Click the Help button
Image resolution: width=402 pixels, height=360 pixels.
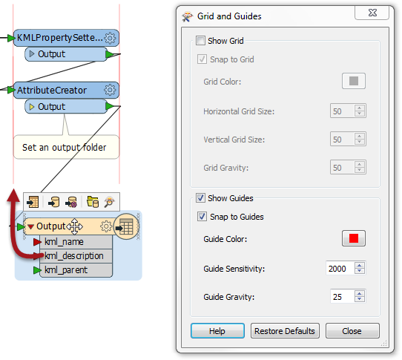[x=217, y=331]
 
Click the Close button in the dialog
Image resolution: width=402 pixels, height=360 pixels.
[x=352, y=331]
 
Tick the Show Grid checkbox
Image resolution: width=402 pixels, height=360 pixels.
[x=200, y=41]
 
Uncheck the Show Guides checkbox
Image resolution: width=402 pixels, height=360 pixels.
[x=200, y=198]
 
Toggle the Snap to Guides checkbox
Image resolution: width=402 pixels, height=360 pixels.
[x=202, y=217]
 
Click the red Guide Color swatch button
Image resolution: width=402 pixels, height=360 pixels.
[x=354, y=238]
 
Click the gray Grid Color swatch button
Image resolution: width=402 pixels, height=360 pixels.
[x=354, y=81]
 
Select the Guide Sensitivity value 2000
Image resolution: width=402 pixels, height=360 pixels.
[x=337, y=269]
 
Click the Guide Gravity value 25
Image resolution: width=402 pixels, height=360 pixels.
[x=337, y=297]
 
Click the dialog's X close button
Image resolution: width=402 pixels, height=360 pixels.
[x=372, y=13]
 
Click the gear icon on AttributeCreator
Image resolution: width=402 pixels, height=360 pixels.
[x=110, y=90]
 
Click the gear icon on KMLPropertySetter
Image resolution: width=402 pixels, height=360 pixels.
[x=110, y=38]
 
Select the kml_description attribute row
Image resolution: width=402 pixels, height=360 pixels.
[x=76, y=256]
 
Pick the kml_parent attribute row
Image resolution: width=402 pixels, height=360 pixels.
[x=76, y=270]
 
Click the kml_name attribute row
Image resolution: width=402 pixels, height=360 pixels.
[x=76, y=242]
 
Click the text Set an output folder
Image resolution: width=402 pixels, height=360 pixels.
[x=64, y=148]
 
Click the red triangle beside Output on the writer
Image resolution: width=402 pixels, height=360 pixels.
[x=30, y=226]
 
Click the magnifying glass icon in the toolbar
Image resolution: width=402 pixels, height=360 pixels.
[x=110, y=202]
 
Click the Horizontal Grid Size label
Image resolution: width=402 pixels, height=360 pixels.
[x=239, y=111]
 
